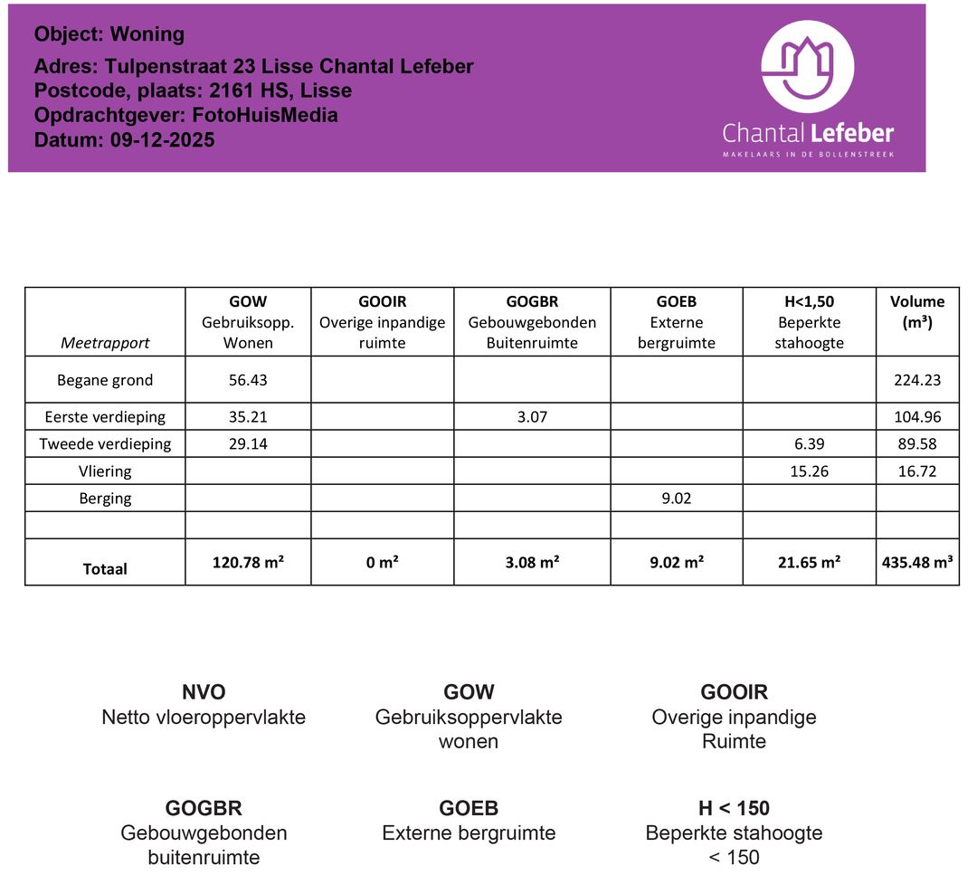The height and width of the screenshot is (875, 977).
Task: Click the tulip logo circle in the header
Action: click(x=808, y=66)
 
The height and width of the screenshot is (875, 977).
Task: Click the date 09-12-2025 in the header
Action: click(x=163, y=140)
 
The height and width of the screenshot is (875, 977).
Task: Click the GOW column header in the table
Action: click(x=248, y=302)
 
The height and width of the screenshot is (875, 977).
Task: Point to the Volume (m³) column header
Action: click(x=916, y=311)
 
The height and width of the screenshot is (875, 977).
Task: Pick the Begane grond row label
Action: click(x=105, y=380)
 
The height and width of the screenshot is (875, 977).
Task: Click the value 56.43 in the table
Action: click(x=248, y=380)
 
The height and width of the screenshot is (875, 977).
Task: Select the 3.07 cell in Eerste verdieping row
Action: click(x=532, y=417)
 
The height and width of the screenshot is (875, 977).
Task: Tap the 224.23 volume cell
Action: click(x=916, y=380)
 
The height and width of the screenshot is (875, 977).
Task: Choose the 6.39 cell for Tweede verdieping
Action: click(x=809, y=444)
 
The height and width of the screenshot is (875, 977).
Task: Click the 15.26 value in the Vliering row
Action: click(x=809, y=471)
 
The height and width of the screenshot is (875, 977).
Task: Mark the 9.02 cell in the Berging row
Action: click(x=676, y=499)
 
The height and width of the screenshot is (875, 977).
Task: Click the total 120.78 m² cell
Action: click(x=248, y=562)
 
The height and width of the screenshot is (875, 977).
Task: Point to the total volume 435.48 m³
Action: click(x=916, y=562)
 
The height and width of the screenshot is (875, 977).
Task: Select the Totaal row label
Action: click(x=105, y=569)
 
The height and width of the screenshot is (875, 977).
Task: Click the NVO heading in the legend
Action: click(x=204, y=693)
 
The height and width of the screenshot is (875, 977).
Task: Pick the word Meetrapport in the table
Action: click(x=105, y=343)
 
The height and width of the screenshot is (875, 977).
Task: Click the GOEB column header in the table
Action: click(x=676, y=302)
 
